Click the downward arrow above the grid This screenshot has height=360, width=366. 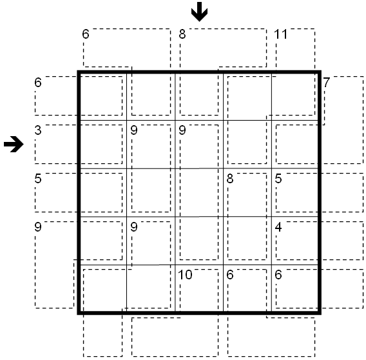click(199, 12)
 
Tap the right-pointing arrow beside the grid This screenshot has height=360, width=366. click(14, 145)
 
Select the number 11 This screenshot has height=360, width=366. click(281, 34)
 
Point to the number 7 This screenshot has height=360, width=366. click(326, 83)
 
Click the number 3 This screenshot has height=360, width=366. click(38, 130)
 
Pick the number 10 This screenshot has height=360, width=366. click(185, 275)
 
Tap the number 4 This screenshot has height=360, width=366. click(278, 227)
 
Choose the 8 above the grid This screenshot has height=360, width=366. click(182, 34)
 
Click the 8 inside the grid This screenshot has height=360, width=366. click(230, 179)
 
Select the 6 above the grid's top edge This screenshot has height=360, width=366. click(86, 34)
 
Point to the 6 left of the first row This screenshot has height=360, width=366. click(38, 83)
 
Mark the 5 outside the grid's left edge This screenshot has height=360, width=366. click(38, 179)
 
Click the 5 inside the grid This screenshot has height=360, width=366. click(278, 179)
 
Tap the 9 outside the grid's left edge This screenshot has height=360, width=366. click(38, 227)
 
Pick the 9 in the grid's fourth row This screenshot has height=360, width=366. click(134, 227)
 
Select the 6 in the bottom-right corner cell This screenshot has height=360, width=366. click(278, 275)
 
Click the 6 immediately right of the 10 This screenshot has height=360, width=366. click(230, 275)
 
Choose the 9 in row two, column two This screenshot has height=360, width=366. click(134, 130)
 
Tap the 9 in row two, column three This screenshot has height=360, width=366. click(182, 130)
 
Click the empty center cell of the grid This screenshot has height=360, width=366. click(199, 193)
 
